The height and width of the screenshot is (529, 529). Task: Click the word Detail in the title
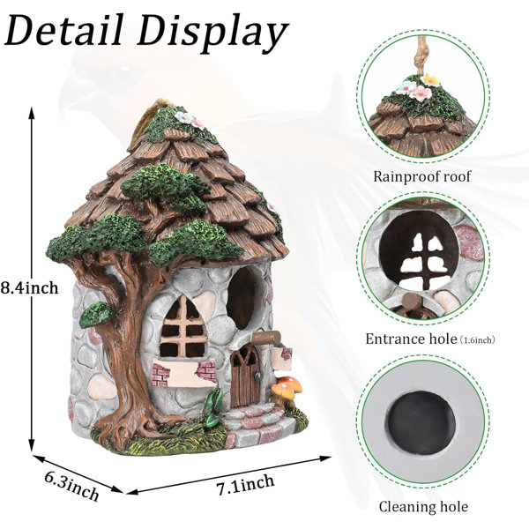64,30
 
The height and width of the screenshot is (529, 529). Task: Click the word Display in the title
213,34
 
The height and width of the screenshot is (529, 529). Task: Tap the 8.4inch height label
29,287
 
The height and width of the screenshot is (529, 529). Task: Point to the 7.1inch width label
245,484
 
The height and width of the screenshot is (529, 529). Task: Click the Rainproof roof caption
421,176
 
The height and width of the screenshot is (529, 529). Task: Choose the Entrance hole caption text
411,339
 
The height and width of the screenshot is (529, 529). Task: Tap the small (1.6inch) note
477,340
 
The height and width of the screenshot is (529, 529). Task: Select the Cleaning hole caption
423,507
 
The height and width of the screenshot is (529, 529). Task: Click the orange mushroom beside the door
286,391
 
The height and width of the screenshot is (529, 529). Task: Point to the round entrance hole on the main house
243,298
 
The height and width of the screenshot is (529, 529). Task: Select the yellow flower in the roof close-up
430,79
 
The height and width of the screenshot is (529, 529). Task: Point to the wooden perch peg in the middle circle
411,300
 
